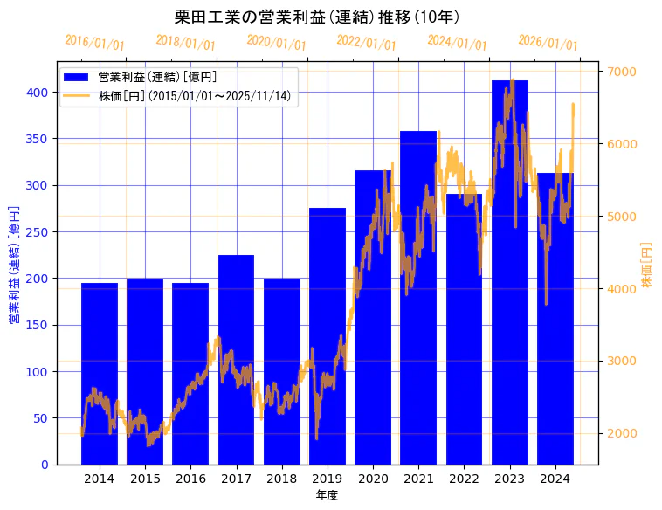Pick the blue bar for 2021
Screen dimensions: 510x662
coord(418,298)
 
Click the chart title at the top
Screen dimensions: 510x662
coord(317,17)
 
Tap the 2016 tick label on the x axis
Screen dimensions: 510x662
coord(190,479)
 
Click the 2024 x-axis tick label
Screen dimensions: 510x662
coord(555,479)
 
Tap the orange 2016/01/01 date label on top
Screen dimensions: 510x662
coord(95,43)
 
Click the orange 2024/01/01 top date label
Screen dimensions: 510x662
coord(458,43)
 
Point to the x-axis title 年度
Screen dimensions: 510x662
coord(327,495)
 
